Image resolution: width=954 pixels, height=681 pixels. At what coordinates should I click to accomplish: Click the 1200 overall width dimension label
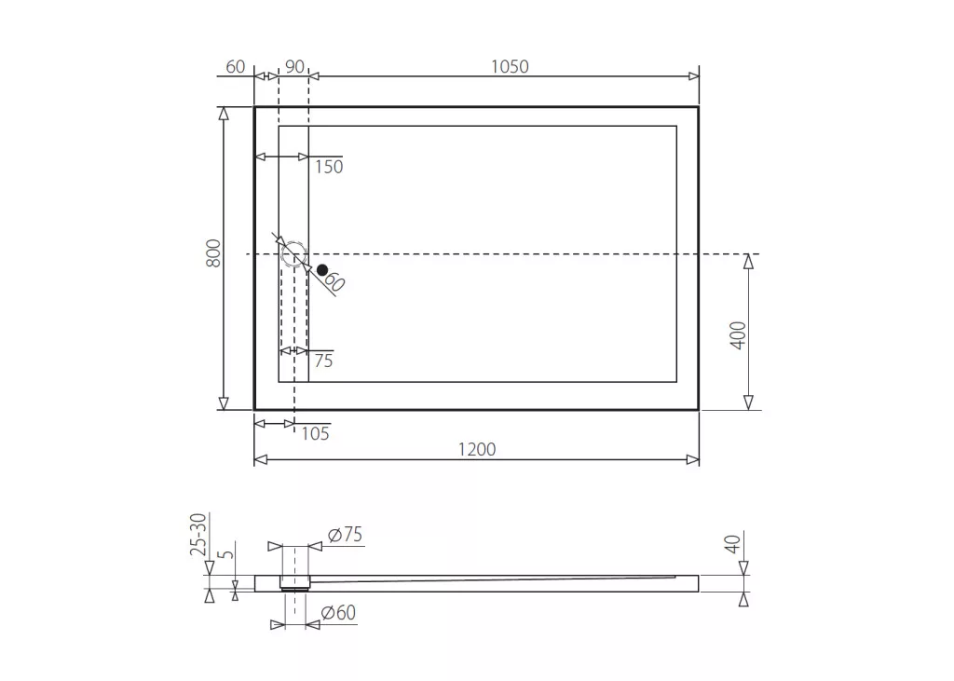[x=476, y=449]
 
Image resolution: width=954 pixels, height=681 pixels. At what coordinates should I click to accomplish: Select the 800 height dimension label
[x=213, y=252]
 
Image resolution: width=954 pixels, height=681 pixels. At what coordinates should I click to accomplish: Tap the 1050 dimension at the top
[x=510, y=66]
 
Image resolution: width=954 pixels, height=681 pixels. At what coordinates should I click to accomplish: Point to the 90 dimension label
[x=294, y=66]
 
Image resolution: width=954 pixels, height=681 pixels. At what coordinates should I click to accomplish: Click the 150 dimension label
[x=329, y=167]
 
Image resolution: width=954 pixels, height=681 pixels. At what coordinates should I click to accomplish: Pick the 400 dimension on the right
[x=738, y=335]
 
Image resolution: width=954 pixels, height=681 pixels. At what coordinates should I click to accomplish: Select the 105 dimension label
[x=315, y=433]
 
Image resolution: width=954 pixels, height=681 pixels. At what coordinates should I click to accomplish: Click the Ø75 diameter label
[x=345, y=535]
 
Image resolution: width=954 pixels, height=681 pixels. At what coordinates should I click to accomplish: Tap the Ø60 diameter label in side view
[x=338, y=612]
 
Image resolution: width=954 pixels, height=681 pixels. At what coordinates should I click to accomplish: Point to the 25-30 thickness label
[x=198, y=535]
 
